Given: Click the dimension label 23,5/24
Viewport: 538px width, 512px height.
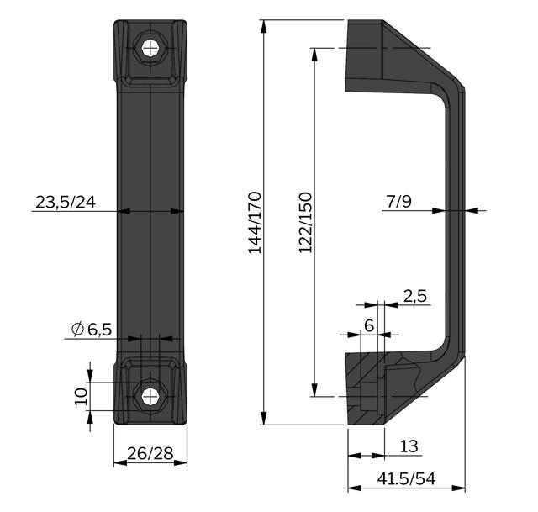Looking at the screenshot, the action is (x=66, y=202).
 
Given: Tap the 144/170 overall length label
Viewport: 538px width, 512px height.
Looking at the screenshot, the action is (x=255, y=222).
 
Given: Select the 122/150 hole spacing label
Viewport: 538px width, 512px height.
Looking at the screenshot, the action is (x=305, y=222).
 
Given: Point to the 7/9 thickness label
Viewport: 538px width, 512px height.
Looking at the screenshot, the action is (x=399, y=201).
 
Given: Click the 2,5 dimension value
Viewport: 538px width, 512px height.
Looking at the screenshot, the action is (x=415, y=296).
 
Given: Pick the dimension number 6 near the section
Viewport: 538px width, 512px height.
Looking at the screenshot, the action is (x=369, y=325).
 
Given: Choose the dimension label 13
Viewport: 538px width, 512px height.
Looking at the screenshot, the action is (x=409, y=446).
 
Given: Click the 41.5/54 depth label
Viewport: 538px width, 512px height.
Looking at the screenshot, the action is (x=406, y=478).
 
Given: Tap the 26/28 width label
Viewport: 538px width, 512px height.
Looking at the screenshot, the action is (x=150, y=453).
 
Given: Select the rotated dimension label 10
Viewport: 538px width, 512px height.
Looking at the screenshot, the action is (x=82, y=396).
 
